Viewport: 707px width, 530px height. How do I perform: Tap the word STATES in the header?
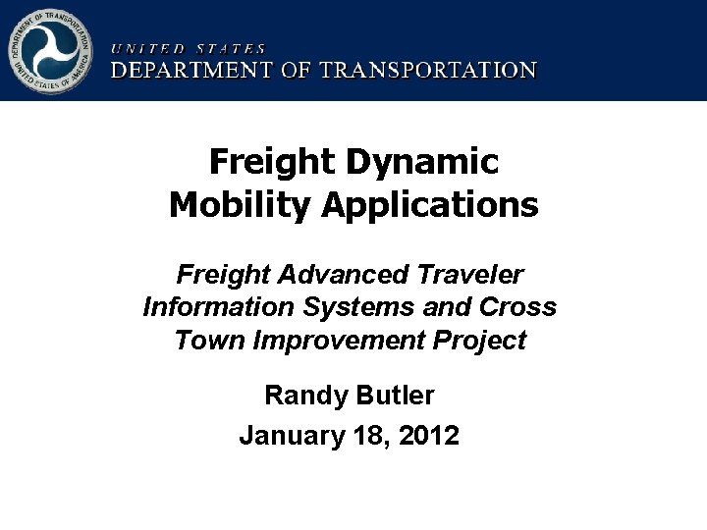point(231,48)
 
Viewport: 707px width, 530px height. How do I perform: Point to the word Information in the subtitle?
point(218,307)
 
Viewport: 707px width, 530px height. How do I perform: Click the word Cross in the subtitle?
point(517,307)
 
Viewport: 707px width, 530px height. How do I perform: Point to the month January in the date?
point(288,435)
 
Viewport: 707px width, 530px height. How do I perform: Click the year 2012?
point(429,435)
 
